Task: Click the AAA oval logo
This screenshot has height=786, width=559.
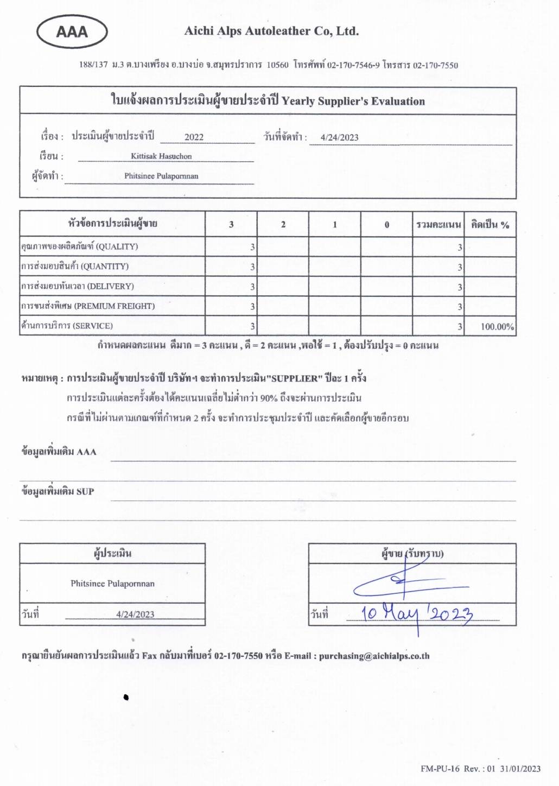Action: tap(72, 32)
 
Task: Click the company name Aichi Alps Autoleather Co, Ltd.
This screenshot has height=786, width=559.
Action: tap(271, 31)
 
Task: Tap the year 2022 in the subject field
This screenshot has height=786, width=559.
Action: tap(194, 137)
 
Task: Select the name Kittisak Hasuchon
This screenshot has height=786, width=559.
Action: tap(161, 156)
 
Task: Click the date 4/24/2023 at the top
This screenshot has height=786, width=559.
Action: tap(339, 137)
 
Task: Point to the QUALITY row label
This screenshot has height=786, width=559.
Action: tap(79, 246)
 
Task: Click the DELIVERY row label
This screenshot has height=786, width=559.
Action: tap(77, 286)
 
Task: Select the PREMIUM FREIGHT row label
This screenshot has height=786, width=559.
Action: tap(88, 306)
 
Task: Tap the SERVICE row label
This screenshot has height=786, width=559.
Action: tap(67, 326)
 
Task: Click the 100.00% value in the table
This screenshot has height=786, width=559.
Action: tap(497, 327)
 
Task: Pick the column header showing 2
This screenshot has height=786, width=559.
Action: tap(283, 225)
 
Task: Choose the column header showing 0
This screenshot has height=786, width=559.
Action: tap(386, 225)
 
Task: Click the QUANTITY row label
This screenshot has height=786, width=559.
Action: tap(75, 267)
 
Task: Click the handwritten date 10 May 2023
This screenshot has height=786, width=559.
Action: tap(417, 613)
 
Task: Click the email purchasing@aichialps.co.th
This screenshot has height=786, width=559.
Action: tap(374, 656)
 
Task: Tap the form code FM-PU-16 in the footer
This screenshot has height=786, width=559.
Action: tap(440, 768)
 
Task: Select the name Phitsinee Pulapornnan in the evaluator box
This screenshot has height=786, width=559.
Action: tap(112, 584)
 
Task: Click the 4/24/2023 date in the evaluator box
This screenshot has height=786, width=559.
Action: tap(135, 614)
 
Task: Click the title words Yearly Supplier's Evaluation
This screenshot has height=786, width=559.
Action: tap(353, 101)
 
